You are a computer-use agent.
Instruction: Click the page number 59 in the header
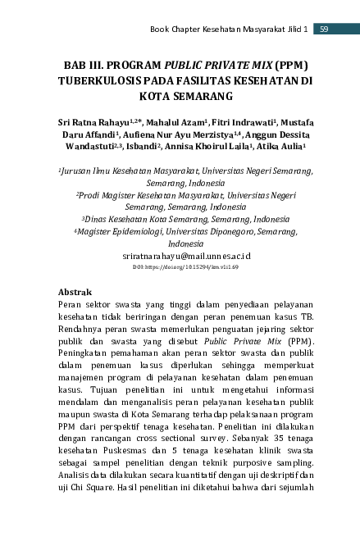pyautogui.click(x=324, y=30)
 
